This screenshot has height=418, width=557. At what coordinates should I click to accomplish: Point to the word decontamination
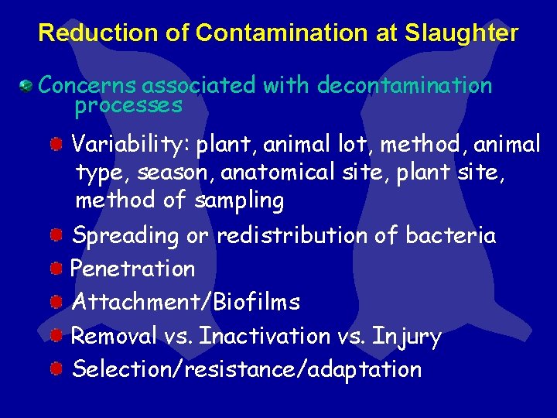pyautogui.click(x=405, y=84)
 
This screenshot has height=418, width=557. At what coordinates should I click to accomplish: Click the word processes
pyautogui.click(x=128, y=104)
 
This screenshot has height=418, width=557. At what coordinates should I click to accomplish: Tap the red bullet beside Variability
pyautogui.click(x=57, y=144)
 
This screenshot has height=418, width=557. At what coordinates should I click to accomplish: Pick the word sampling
pyautogui.click(x=239, y=201)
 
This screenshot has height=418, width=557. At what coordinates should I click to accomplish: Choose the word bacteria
pyautogui.click(x=450, y=235)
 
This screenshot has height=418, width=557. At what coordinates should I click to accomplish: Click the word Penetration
pyautogui.click(x=133, y=269)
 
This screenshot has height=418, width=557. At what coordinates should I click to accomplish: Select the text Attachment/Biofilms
pyautogui.click(x=186, y=302)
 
